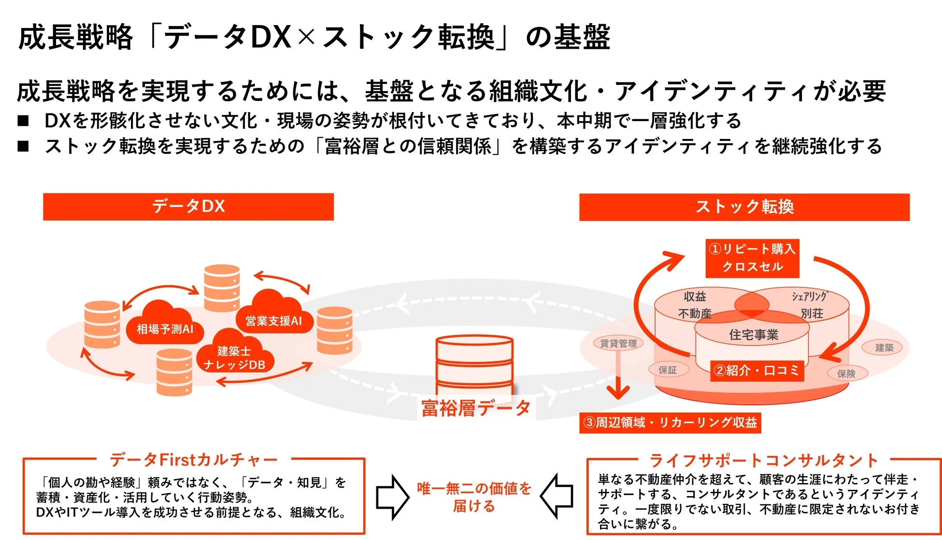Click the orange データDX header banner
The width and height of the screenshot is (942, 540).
tap(188, 207)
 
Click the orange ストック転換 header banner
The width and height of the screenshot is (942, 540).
tap(744, 207)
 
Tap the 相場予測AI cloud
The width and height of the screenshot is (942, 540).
tap(165, 329)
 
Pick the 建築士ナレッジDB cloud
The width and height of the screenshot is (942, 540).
tap(235, 358)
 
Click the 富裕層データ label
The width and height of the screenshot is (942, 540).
tap(475, 408)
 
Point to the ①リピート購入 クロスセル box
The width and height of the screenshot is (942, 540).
tap(752, 258)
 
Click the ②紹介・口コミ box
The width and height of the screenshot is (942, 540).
tap(757, 371)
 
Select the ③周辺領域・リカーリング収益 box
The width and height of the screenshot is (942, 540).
tap(670, 423)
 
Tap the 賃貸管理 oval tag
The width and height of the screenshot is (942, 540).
tap(618, 343)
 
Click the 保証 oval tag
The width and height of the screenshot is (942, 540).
tap(668, 370)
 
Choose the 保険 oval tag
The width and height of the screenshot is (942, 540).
tap(846, 373)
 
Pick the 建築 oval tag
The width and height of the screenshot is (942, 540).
tap(884, 347)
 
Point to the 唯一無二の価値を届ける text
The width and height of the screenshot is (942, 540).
tap(474, 497)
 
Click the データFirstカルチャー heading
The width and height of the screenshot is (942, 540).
tap(194, 460)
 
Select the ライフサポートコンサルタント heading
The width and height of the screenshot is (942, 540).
tap(763, 460)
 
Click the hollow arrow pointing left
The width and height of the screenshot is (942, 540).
tap(557, 496)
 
